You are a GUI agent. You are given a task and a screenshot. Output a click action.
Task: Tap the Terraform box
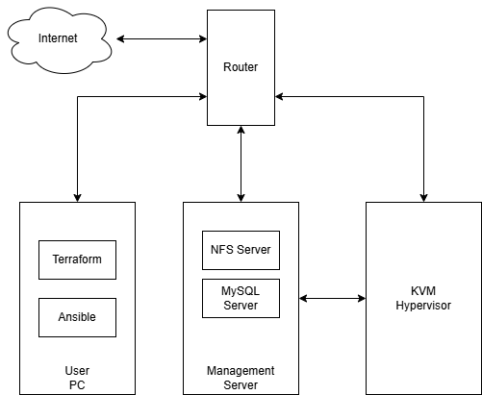(77, 259)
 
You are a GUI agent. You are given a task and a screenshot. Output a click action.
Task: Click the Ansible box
(77, 317)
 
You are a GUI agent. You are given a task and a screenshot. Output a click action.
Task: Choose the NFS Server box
(241, 250)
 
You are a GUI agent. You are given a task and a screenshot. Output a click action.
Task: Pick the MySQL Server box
(241, 298)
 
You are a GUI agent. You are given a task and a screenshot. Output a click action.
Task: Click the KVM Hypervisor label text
(423, 298)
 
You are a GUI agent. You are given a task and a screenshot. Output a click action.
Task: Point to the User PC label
(77, 377)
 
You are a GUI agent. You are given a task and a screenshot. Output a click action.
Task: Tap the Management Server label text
(241, 377)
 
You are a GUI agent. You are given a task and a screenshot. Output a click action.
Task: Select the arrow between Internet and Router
(162, 38)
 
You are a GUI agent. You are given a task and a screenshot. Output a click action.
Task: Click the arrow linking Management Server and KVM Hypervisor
(332, 298)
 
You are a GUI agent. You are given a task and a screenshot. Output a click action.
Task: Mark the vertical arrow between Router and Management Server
(241, 163)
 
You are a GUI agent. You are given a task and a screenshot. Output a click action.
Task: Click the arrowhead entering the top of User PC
(77, 196)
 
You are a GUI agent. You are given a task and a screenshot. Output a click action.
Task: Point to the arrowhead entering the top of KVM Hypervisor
(423, 196)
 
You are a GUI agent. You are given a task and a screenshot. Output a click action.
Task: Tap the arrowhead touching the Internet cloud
(121, 38)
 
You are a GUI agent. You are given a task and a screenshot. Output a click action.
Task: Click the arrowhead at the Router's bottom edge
(241, 132)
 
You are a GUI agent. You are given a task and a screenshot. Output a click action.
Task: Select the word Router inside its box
(241, 67)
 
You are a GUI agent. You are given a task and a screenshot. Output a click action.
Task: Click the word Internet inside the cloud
(58, 38)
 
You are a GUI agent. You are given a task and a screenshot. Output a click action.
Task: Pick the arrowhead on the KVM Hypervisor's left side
(361, 298)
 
